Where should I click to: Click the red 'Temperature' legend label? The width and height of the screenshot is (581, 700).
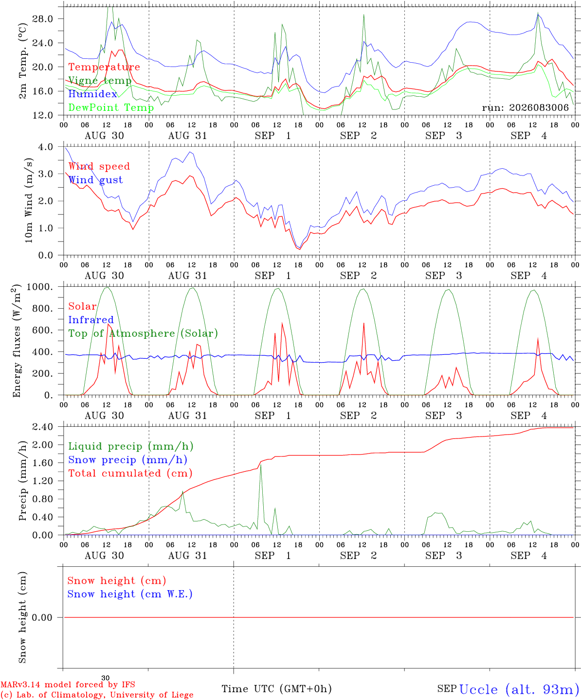(104, 67)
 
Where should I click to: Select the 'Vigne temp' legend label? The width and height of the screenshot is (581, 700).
(100, 81)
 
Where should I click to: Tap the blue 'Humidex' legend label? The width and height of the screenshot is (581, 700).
(92, 94)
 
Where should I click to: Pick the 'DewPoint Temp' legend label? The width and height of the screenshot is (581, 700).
(111, 107)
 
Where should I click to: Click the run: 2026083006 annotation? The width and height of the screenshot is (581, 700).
(525, 107)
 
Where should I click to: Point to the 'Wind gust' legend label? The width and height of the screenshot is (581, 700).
(96, 180)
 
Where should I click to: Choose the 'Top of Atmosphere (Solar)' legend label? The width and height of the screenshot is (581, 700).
(144, 333)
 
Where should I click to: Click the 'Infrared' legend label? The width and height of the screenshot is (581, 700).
(91, 320)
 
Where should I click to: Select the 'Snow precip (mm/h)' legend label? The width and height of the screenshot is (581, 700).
(127, 460)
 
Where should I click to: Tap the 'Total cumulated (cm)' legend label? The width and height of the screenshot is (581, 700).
(130, 473)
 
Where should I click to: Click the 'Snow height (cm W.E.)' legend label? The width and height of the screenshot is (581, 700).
(130, 594)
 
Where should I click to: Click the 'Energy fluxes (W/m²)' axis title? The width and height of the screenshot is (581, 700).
(17, 341)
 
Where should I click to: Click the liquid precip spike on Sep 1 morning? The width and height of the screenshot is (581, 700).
(261, 465)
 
